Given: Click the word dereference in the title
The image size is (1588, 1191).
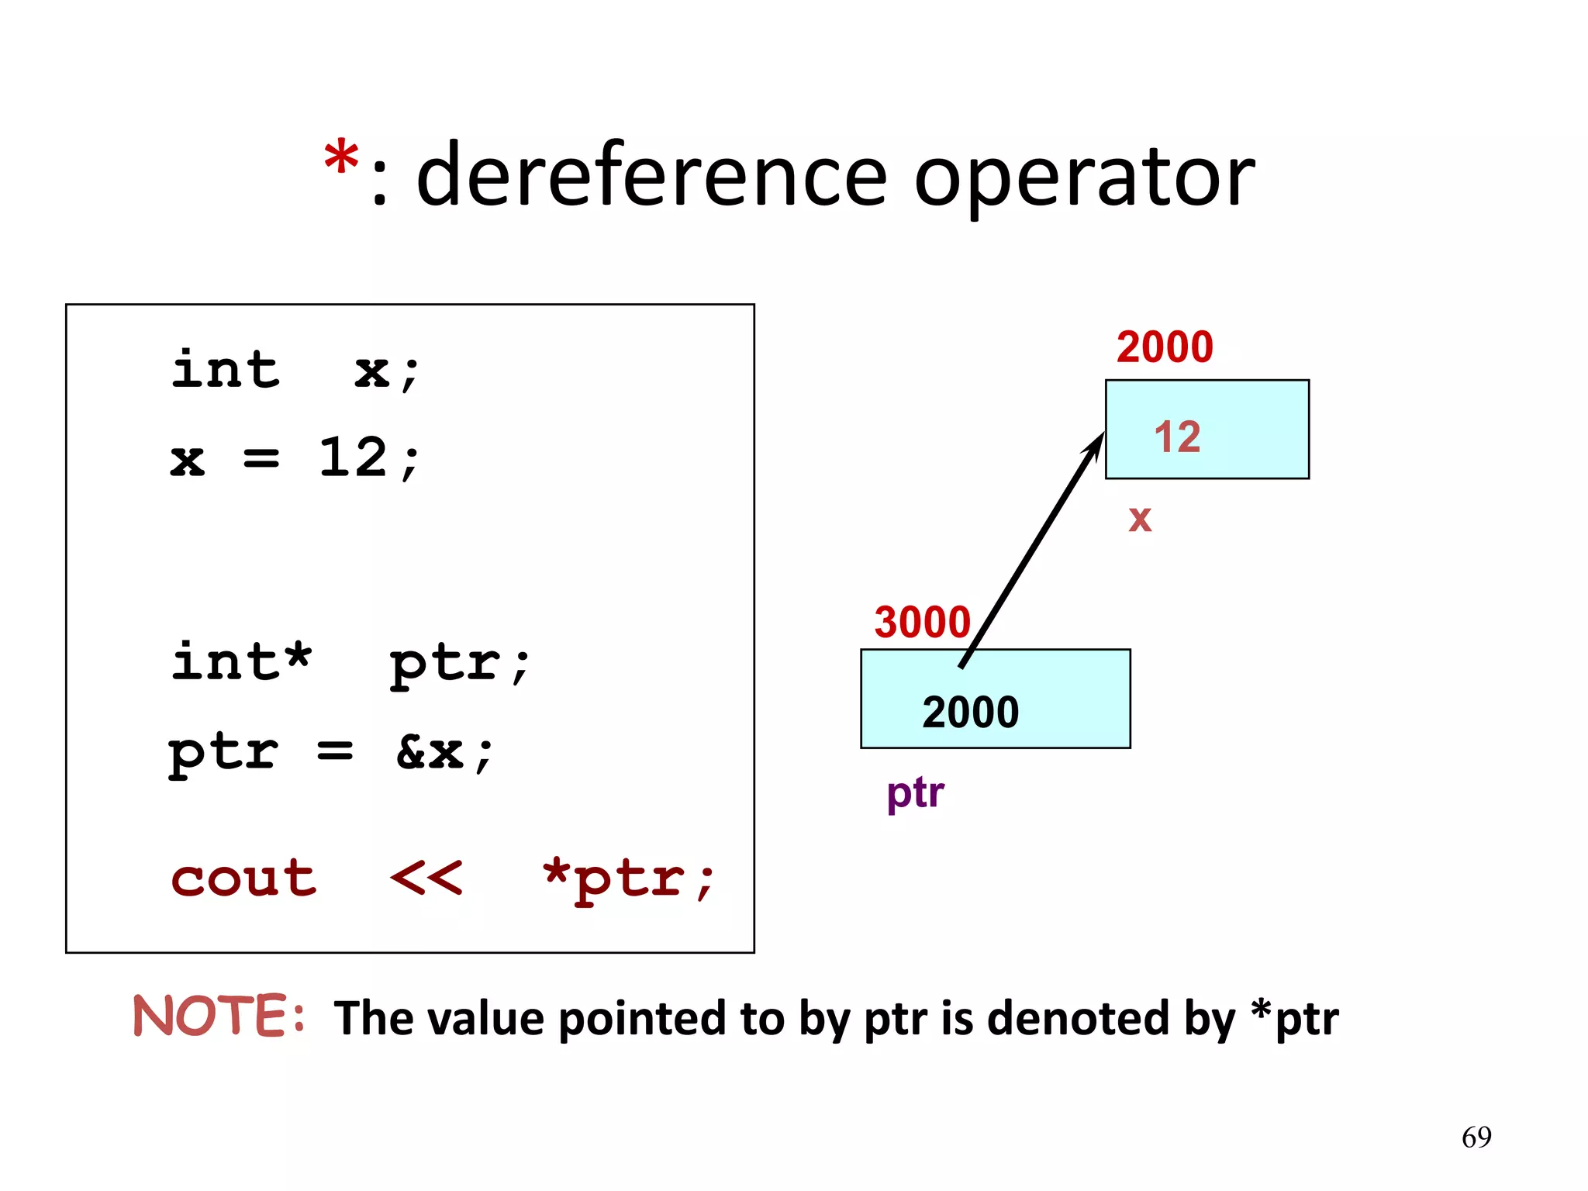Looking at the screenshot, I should coord(651,177).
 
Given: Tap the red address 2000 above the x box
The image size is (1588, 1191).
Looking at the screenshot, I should coord(1164,347).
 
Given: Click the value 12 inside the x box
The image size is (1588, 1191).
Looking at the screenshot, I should coord(1177,437).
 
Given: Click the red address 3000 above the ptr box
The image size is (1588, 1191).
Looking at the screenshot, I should coord(922,622).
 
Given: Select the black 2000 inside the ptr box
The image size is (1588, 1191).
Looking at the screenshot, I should coord(970,712).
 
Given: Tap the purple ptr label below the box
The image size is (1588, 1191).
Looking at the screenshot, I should coord(915,793).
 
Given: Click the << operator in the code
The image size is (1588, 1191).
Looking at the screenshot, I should coord(426,879).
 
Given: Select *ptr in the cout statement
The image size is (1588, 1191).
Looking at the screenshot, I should coord(628,880).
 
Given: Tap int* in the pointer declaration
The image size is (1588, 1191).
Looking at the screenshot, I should coord(241,663).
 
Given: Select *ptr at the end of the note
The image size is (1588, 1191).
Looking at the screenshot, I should coord(1294,1017).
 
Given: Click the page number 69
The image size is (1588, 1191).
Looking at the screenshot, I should coord(1476,1137).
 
